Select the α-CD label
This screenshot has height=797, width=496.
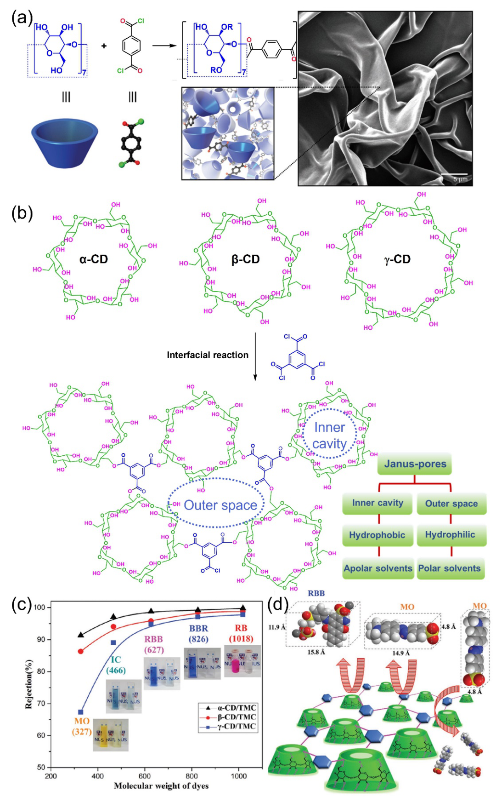(x=93, y=259)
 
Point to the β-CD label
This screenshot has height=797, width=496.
(x=245, y=259)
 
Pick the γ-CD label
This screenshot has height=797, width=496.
(x=397, y=259)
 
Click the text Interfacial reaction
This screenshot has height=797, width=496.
(x=207, y=355)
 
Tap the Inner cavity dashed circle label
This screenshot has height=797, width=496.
(x=329, y=436)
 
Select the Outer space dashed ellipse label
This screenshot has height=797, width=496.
(x=220, y=505)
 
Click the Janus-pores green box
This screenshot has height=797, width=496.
(x=415, y=464)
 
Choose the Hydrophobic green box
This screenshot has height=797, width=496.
(x=377, y=535)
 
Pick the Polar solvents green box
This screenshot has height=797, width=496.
(x=450, y=568)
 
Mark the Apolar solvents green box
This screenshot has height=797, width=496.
(x=378, y=568)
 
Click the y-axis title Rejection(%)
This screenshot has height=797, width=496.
(x=29, y=683)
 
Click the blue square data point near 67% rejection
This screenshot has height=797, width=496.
(x=81, y=712)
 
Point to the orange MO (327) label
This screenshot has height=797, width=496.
(x=82, y=726)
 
